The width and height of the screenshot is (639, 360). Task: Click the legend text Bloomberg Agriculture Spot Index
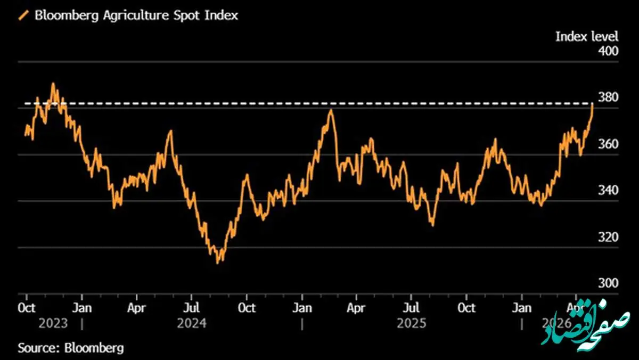tap(136, 15)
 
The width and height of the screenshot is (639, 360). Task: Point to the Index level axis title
tap(587, 36)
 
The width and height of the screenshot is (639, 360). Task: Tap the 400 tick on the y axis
tap(608, 52)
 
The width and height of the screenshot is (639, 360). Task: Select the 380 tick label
tap(608, 97)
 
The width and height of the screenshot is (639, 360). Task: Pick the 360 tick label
tap(608, 144)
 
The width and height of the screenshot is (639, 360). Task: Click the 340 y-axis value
tap(608, 191)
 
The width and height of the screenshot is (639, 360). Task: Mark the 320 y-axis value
tap(608, 237)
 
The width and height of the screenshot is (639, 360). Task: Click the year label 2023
tap(53, 324)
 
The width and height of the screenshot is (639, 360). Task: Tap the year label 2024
tap(192, 324)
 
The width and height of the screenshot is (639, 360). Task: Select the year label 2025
tap(411, 324)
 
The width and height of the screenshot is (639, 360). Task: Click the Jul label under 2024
tap(192, 308)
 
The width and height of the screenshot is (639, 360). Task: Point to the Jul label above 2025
tap(411, 308)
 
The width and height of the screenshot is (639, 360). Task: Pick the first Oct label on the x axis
tap(27, 308)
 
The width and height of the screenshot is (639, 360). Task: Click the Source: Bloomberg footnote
tap(71, 348)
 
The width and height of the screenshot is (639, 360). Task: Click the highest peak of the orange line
tap(53, 84)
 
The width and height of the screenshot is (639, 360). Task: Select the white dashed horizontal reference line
tap(319, 103)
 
